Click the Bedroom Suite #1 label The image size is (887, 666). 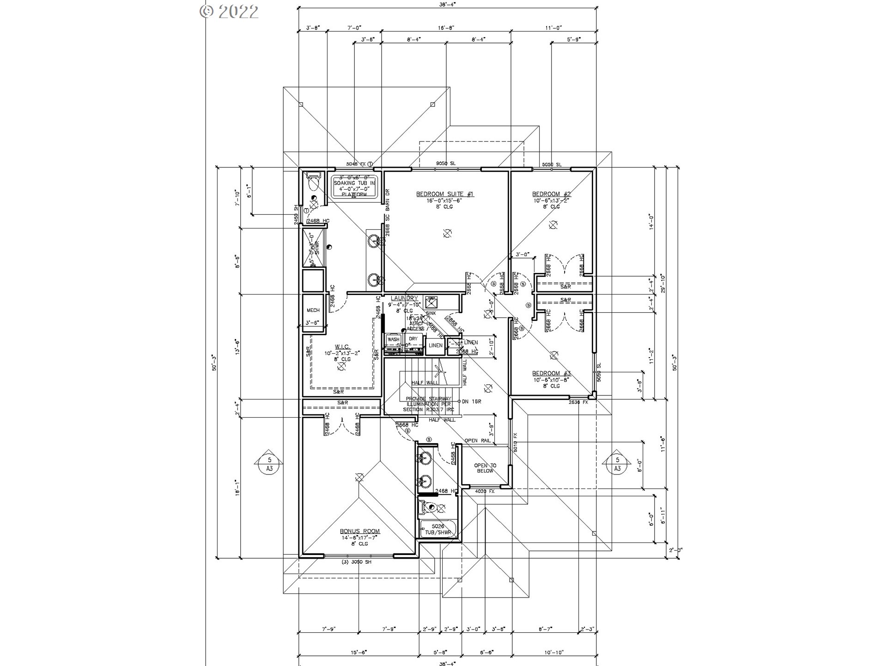coord(445,194)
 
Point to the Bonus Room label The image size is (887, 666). coord(360,531)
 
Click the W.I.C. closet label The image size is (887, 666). coord(342,346)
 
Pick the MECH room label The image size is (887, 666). coord(313,310)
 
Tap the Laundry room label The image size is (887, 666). coord(404,299)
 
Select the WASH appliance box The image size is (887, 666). coord(393,339)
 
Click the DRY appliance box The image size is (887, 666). coord(413,339)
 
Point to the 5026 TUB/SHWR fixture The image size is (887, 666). coord(437,530)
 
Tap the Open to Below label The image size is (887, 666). coord(485,468)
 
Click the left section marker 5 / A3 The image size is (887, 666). coord(270,464)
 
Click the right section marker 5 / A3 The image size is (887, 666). coord(617,464)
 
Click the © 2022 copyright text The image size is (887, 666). coord(229,12)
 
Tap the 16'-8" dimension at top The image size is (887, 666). coord(446,28)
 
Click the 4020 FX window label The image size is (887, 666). coord(485,491)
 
